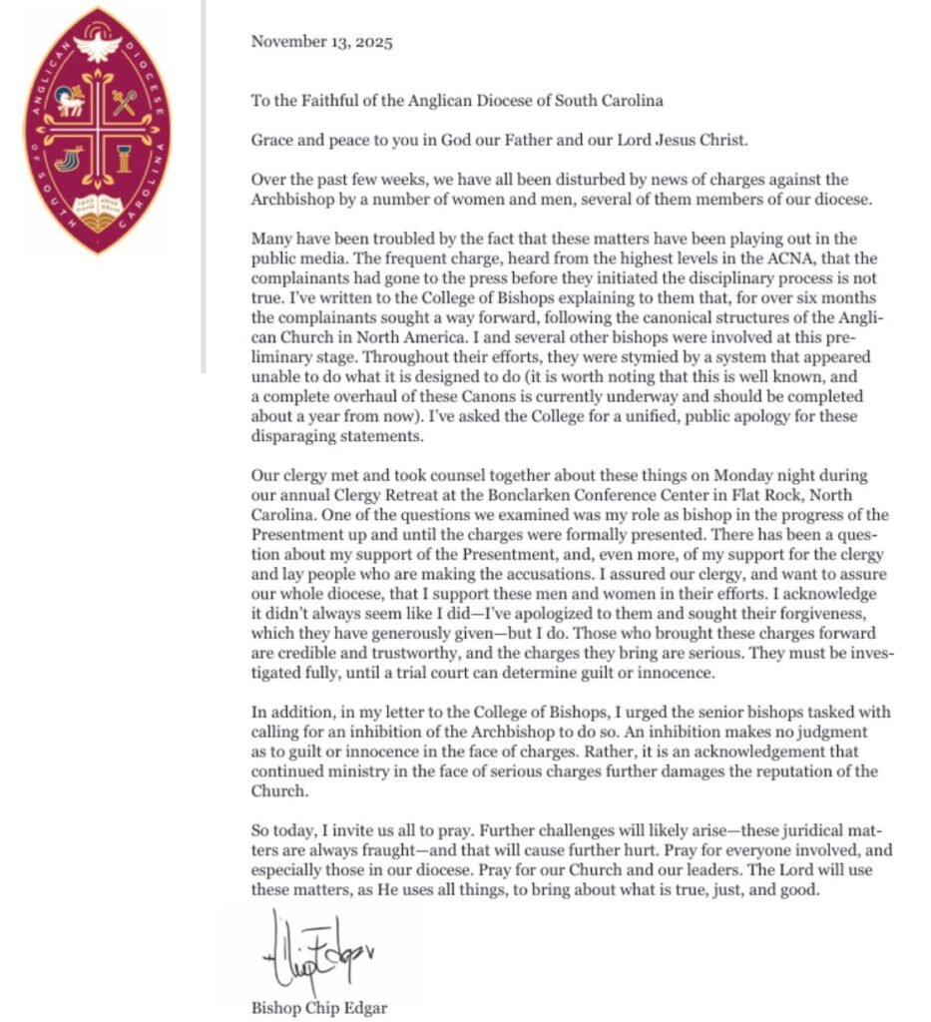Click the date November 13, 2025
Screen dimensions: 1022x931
click(x=321, y=42)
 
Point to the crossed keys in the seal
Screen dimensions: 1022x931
click(x=124, y=102)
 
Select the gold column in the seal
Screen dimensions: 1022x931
click(x=124, y=158)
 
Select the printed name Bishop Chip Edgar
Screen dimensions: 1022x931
click(x=319, y=1007)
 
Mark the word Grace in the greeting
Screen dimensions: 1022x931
click(x=270, y=140)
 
